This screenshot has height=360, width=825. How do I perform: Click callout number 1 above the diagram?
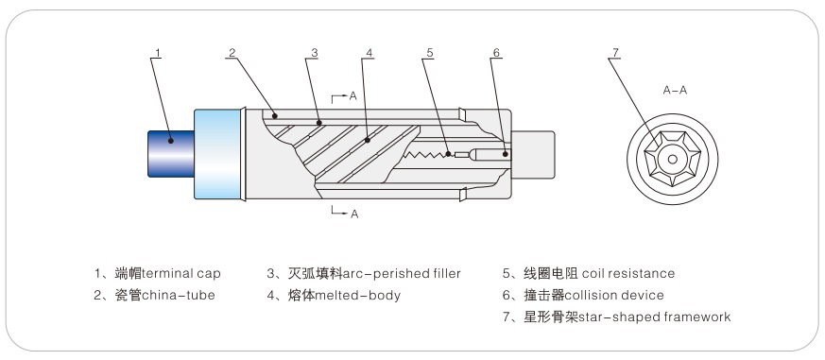[x=158, y=53]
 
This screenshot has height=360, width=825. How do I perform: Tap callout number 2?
[x=232, y=53]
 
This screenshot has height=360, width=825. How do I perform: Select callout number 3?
[x=314, y=53]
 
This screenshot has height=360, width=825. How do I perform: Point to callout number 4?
[x=369, y=53]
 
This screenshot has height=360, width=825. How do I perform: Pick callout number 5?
[x=430, y=53]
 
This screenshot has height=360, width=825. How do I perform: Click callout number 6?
[x=496, y=53]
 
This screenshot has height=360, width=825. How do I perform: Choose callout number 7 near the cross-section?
[x=615, y=53]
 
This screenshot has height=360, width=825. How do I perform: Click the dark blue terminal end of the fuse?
[x=171, y=154]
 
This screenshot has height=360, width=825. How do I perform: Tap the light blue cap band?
[x=217, y=154]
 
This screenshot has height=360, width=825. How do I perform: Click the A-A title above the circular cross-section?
[x=675, y=91]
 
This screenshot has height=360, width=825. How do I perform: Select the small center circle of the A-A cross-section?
[x=673, y=159]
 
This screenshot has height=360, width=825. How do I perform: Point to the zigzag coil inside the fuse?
[x=425, y=155]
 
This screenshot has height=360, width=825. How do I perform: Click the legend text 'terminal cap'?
[x=181, y=274]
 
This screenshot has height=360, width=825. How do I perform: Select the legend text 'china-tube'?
[x=179, y=295]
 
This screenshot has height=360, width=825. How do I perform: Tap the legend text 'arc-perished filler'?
[x=402, y=274]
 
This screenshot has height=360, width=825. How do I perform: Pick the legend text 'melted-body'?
[x=358, y=295]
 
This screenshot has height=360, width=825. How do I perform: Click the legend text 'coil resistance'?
[x=628, y=274]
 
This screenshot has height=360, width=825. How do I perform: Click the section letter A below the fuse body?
[x=354, y=214]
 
